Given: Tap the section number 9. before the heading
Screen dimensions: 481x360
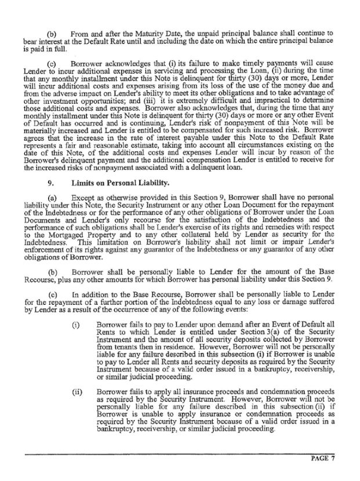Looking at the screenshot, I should (x=51, y=184).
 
